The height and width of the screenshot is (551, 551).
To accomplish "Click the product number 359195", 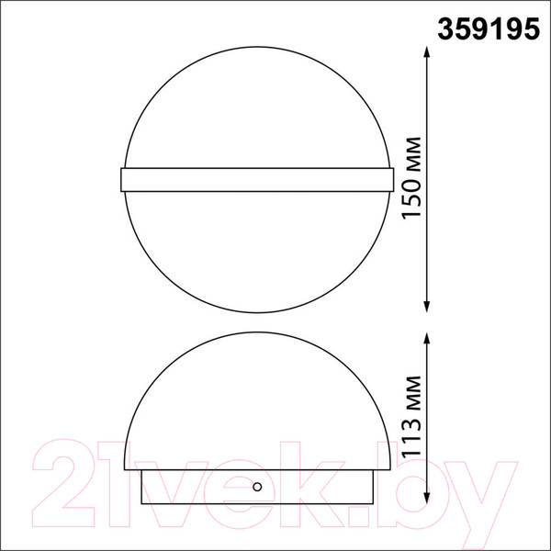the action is (x=489, y=29).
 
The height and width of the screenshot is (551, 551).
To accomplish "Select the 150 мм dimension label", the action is (x=411, y=178).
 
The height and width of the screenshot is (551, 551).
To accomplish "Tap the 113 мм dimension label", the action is (x=411, y=417).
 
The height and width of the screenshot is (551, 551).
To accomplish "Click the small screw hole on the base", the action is (x=257, y=487).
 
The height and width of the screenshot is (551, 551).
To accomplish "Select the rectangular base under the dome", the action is (x=257, y=487).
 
